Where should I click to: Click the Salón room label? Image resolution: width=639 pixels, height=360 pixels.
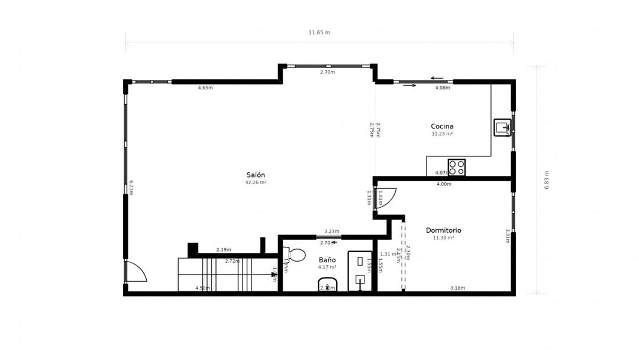[256, 175]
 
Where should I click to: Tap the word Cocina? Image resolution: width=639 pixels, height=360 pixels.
[442, 126]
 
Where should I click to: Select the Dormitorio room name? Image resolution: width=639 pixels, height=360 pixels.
[443, 230]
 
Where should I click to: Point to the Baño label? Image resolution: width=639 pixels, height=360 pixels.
[327, 260]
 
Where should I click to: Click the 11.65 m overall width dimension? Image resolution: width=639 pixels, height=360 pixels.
[319, 33]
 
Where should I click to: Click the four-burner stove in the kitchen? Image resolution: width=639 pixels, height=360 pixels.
[456, 168]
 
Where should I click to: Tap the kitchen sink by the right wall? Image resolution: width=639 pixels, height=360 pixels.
[502, 127]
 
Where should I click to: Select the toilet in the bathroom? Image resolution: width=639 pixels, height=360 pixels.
[295, 255]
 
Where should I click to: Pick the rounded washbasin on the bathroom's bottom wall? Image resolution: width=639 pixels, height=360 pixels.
[327, 285]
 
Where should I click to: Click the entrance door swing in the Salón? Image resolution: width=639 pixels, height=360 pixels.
[136, 272]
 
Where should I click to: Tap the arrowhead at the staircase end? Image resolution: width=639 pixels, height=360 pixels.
[274, 274]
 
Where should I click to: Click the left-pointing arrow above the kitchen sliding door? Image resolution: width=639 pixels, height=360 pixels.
[437, 78]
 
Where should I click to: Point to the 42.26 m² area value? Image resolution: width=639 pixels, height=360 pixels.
[256, 182]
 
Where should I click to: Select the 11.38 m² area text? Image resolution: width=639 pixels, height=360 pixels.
[443, 238]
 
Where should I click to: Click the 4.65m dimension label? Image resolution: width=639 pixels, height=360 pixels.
[205, 88]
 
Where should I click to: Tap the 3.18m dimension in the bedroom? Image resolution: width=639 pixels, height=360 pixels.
[457, 288]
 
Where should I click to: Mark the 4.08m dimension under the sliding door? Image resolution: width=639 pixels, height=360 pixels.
[443, 88]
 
